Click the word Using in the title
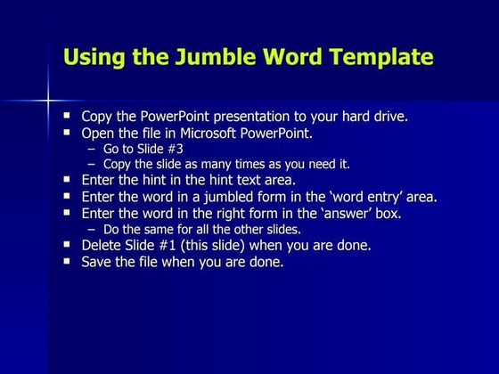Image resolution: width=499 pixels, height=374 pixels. (x=91, y=59)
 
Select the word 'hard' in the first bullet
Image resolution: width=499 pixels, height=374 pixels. (x=354, y=117)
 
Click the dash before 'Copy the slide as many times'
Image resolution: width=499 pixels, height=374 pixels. (x=91, y=164)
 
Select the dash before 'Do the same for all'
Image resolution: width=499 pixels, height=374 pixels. (x=91, y=229)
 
